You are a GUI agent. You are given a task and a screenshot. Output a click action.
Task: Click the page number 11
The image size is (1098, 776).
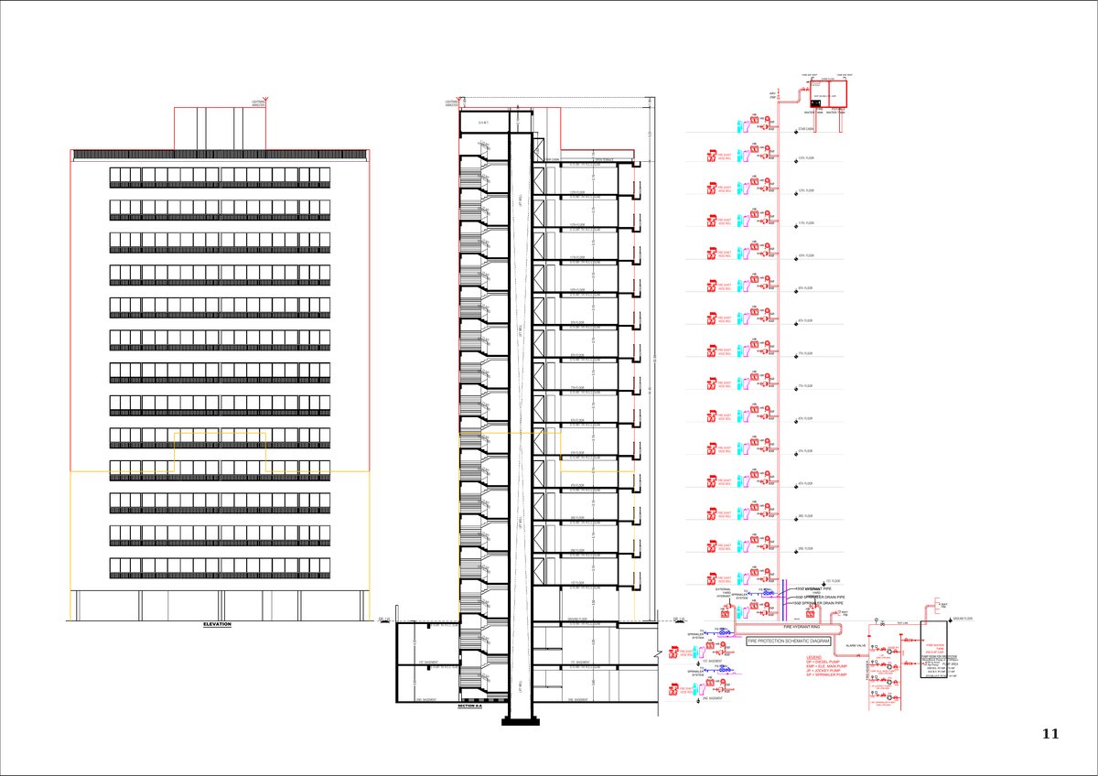pyautogui.click(x=1050, y=734)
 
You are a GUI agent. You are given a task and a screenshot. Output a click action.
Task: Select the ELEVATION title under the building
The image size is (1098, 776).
pyautogui.click(x=218, y=624)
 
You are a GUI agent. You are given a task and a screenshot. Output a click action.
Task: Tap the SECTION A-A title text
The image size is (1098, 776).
pyautogui.click(x=468, y=707)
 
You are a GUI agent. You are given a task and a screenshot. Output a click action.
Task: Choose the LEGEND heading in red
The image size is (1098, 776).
pyautogui.click(x=815, y=657)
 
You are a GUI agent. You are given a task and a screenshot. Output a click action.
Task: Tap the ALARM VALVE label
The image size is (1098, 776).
pyautogui.click(x=856, y=645)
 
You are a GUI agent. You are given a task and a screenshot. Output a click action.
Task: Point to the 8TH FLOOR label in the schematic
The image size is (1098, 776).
pyautogui.click(x=806, y=321)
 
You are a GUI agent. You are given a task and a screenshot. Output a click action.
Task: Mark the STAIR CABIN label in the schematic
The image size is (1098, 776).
pyautogui.click(x=807, y=129)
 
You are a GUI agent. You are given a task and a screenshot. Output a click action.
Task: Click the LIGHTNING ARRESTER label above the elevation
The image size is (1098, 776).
pyautogui.click(x=258, y=103)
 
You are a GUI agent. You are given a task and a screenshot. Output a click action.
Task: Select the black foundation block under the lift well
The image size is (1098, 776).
pyautogui.click(x=515, y=721)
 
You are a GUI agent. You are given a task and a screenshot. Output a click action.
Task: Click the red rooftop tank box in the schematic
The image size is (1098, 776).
pyautogui.click(x=832, y=93)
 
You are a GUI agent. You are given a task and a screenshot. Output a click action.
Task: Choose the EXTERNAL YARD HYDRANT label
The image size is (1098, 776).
pyautogui.click(x=724, y=592)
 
